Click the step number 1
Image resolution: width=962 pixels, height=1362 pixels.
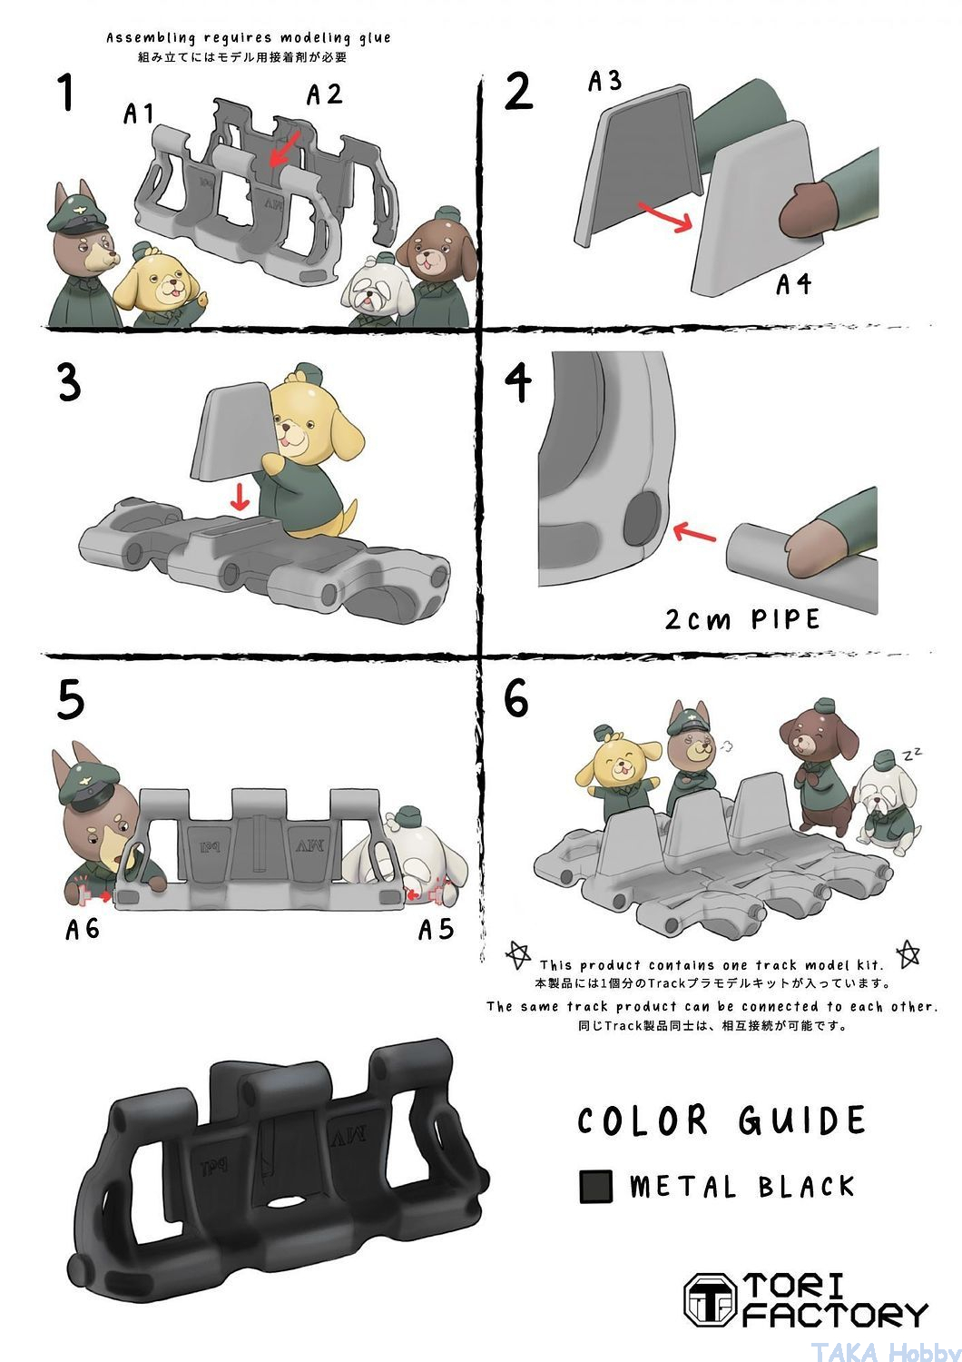click(x=66, y=92)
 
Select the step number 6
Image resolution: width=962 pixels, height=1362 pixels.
click(x=516, y=697)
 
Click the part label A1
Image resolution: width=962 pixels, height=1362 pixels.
click(x=139, y=114)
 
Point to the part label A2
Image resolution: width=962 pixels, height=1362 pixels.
click(x=324, y=94)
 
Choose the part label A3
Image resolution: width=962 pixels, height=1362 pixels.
click(x=604, y=81)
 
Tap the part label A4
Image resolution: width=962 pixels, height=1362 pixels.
click(x=794, y=283)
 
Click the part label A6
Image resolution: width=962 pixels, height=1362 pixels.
click(x=82, y=929)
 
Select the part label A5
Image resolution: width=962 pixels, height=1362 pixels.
click(x=436, y=929)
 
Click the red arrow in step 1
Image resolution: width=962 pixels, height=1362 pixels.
click(x=284, y=149)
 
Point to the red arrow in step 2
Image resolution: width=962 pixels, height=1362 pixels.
click(x=665, y=217)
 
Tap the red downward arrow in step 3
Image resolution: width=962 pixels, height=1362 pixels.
click(x=240, y=496)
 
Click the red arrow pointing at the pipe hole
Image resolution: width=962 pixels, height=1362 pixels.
click(x=694, y=533)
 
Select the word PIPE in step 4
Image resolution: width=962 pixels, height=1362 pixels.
click(x=785, y=619)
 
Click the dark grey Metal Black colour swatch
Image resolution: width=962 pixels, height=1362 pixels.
click(x=595, y=1186)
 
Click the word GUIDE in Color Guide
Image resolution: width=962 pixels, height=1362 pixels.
click(x=801, y=1120)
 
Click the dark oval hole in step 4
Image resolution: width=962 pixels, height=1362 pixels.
click(x=642, y=518)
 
